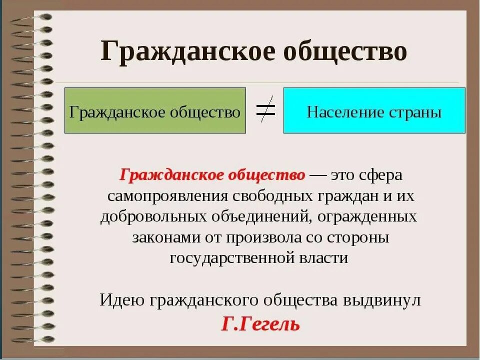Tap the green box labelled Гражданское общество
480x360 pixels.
coord(155,111)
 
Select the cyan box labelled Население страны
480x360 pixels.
coord(374,111)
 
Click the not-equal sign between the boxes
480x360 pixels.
coord(265,110)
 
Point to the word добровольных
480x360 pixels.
coord(153,217)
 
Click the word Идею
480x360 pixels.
coord(122,300)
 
